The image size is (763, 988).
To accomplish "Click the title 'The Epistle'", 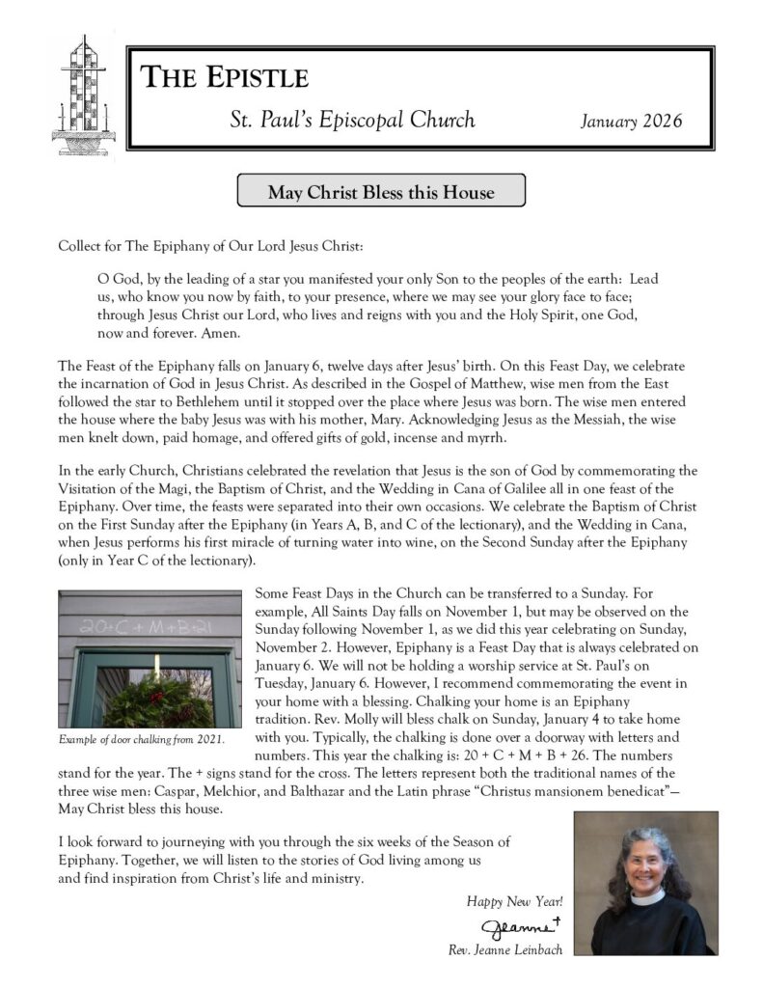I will coord(225,77).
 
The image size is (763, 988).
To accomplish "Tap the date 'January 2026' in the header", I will coord(631,122).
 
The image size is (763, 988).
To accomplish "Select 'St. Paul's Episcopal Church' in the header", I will coord(352,121).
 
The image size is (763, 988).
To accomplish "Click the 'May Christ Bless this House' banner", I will coord(381,192).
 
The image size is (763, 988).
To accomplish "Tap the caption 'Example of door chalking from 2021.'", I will coord(142,740).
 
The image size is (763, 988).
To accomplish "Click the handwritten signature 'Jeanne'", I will coord(527,928).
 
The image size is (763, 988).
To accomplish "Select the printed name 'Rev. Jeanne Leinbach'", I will coord(505,950).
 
